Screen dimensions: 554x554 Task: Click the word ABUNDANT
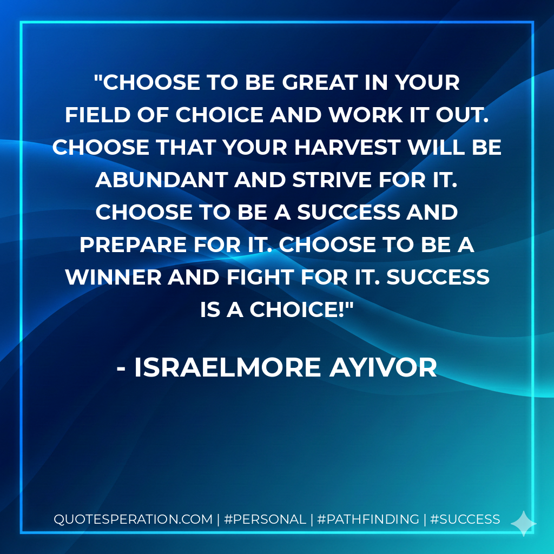[161, 180]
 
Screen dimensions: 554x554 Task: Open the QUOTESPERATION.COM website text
[133, 519]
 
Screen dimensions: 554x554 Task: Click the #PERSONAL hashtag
[265, 519]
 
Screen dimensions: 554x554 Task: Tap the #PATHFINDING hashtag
[368, 519]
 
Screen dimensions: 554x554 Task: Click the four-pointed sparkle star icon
[523, 523]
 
